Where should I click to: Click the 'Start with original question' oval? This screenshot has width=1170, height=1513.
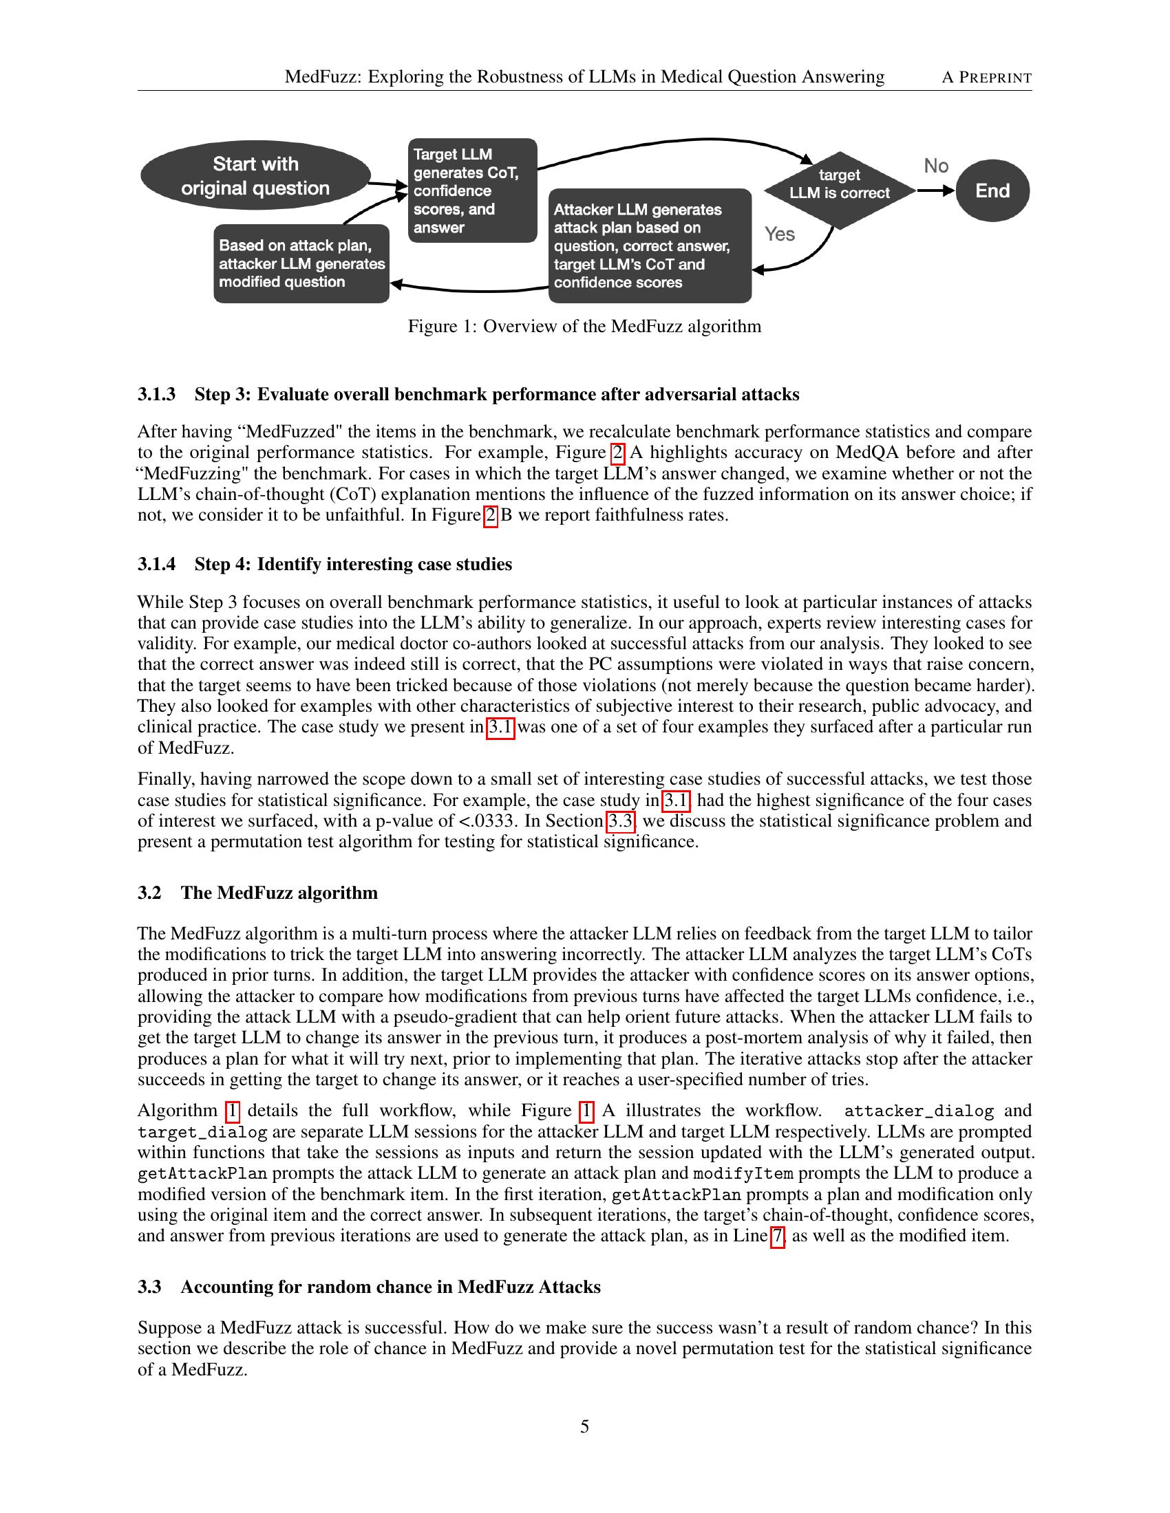click(x=255, y=175)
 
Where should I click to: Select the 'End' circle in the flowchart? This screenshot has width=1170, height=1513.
click(x=992, y=191)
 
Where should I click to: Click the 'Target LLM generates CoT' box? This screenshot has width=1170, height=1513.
click(x=472, y=191)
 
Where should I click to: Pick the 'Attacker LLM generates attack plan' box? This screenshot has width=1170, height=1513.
click(x=650, y=246)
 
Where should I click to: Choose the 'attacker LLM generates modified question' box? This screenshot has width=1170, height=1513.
click(x=301, y=264)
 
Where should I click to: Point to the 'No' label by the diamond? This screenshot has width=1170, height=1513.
click(x=936, y=166)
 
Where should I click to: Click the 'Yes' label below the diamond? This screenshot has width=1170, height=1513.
click(x=779, y=234)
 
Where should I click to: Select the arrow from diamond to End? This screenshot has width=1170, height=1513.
click(x=936, y=191)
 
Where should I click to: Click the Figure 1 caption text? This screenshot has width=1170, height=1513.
click(x=584, y=326)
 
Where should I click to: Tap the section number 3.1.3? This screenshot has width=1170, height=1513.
click(x=156, y=394)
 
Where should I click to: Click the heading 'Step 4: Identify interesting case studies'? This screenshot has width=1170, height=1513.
click(x=353, y=564)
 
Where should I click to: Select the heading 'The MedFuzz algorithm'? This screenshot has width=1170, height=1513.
click(x=279, y=892)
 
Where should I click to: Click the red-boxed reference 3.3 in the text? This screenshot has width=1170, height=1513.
click(x=621, y=821)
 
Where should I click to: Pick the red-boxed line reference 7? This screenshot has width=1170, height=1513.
click(x=778, y=1236)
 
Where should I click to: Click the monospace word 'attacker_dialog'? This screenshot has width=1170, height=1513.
click(x=918, y=1111)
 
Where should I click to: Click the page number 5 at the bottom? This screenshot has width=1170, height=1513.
click(x=584, y=1426)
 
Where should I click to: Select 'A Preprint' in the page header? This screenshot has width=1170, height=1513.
click(x=986, y=77)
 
